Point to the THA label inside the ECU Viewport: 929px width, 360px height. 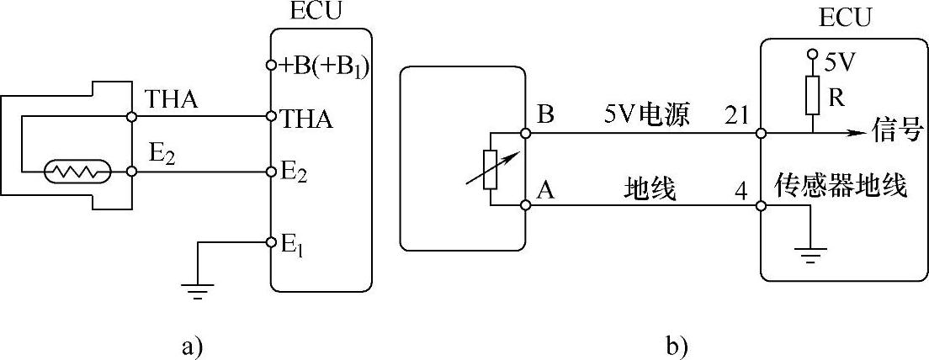[x=306, y=120]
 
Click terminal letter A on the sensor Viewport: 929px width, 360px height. [x=545, y=190]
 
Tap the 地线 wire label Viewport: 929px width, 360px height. [x=649, y=190]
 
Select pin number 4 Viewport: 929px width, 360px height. [x=740, y=190]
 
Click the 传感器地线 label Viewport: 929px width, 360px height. [x=839, y=187]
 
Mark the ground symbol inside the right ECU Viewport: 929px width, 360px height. [x=810, y=253]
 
